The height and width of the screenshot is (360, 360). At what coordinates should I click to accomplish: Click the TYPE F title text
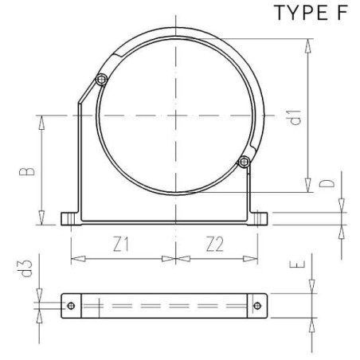coord(311,13)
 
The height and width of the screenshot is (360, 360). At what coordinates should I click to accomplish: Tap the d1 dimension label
coord(295,117)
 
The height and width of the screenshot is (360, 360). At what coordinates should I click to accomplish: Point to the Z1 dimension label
coord(121,245)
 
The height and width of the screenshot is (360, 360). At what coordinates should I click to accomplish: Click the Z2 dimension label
coord(215,245)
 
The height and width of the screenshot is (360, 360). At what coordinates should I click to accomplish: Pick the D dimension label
coord(327,183)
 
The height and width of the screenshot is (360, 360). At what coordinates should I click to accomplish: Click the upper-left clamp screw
coord(101,79)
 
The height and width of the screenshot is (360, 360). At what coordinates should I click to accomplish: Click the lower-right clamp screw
coord(244,162)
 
